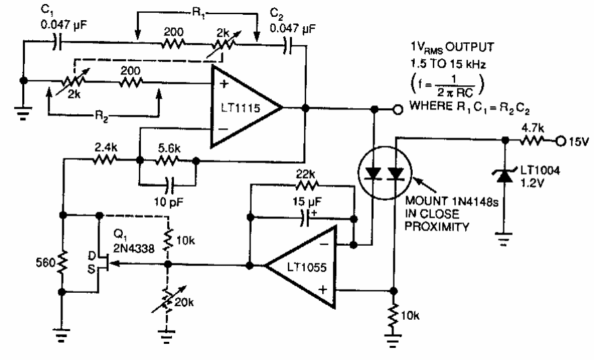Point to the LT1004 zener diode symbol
[x=504, y=176]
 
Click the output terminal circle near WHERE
[x=395, y=107]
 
